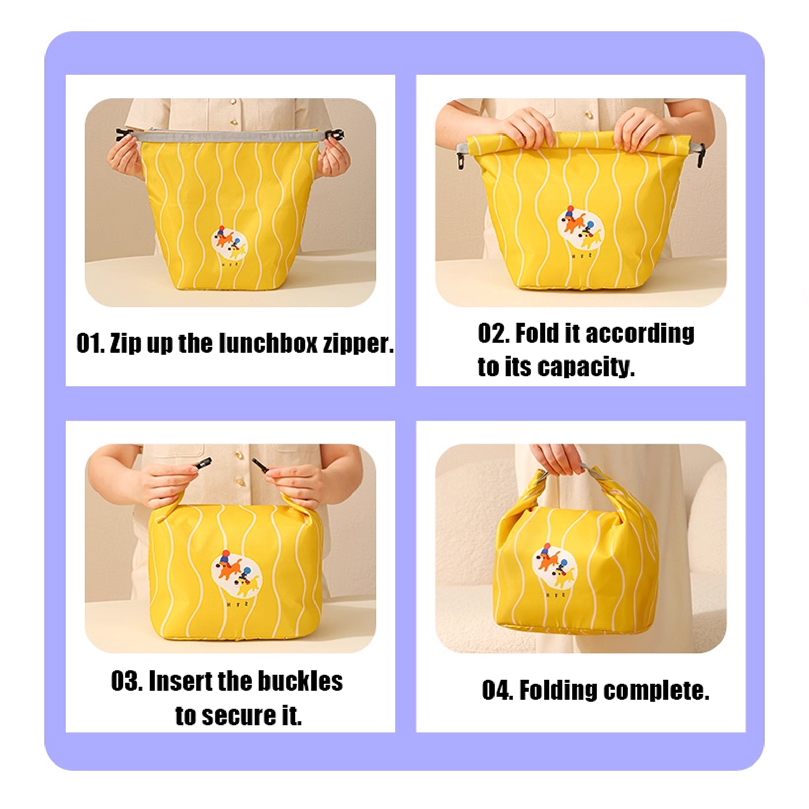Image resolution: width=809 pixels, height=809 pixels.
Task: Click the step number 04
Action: point(497,690)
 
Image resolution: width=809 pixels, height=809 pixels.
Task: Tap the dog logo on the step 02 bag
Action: point(581,226)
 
